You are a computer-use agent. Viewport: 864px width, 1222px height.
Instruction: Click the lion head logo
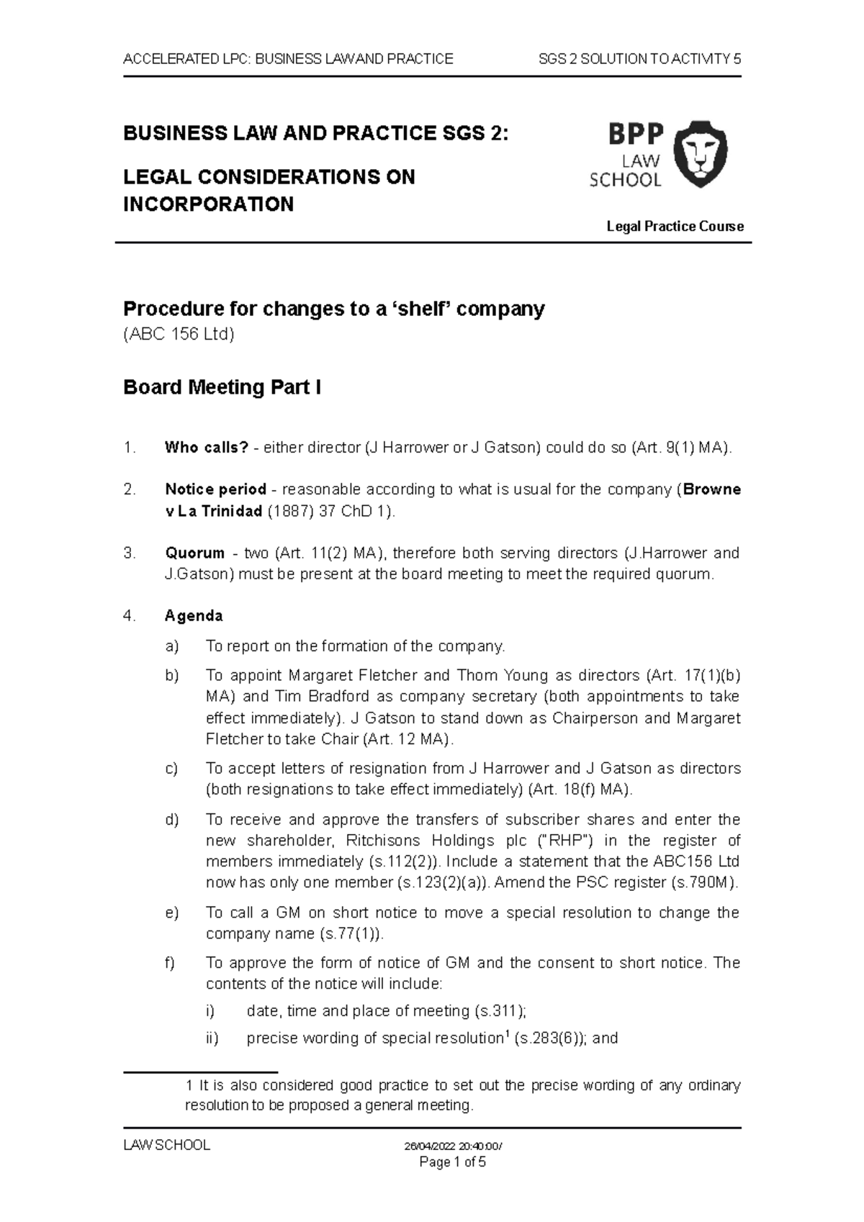click(704, 154)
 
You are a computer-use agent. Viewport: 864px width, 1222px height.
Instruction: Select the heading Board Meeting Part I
click(222, 387)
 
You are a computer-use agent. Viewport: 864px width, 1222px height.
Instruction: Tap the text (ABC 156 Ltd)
click(179, 335)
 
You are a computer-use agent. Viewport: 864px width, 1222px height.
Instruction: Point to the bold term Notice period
click(215, 489)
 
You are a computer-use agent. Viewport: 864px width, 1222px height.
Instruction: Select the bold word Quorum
click(194, 553)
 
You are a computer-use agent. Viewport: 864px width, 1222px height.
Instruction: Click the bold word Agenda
click(194, 616)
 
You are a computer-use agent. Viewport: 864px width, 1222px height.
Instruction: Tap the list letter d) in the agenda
click(171, 819)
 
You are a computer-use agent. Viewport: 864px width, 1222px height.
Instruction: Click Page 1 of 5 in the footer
click(453, 1162)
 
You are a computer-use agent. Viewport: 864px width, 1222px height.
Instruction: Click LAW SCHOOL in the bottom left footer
click(166, 1146)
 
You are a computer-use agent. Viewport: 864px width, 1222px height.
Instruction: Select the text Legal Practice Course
click(675, 227)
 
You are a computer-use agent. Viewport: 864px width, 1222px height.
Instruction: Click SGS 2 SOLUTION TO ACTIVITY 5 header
click(639, 59)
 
